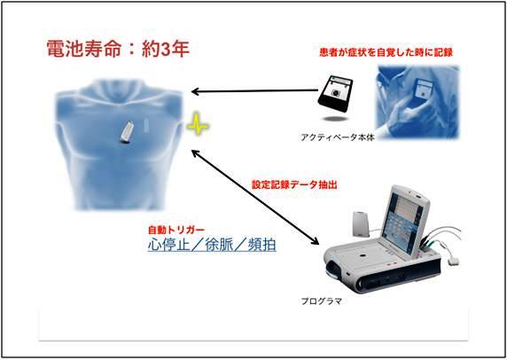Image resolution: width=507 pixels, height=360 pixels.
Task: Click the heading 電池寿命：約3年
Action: coord(118,49)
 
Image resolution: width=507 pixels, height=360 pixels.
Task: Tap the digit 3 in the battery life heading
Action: coord(165,49)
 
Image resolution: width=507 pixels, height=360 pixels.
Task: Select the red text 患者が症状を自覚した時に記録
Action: coord(386,52)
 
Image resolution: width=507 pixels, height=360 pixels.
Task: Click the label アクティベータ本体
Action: coord(338,137)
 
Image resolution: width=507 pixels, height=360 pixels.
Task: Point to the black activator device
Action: coord(335,93)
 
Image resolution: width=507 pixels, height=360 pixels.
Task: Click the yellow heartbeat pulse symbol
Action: coord(198,124)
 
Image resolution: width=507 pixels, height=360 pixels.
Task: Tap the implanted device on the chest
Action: coord(127,132)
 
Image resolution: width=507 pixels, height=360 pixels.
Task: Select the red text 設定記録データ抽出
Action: coord(294,184)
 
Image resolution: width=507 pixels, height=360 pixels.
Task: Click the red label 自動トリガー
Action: coord(176,230)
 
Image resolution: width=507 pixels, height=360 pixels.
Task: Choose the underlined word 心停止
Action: coord(168,245)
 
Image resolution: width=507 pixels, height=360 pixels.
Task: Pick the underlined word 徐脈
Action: coord(219,245)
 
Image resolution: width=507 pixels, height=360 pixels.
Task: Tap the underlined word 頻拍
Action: coord(261,245)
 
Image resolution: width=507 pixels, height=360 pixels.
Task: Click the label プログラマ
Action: coord(322,301)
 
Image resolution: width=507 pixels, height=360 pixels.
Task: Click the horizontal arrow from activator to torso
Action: coord(254,91)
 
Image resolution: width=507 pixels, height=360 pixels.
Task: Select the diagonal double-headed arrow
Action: coord(255,197)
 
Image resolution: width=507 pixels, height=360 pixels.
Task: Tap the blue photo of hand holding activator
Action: coord(417,102)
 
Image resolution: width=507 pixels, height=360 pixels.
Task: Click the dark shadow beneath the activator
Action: coord(335,119)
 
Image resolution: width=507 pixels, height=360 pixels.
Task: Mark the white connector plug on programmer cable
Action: coord(455,261)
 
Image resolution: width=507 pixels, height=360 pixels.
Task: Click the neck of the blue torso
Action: coord(120,90)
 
